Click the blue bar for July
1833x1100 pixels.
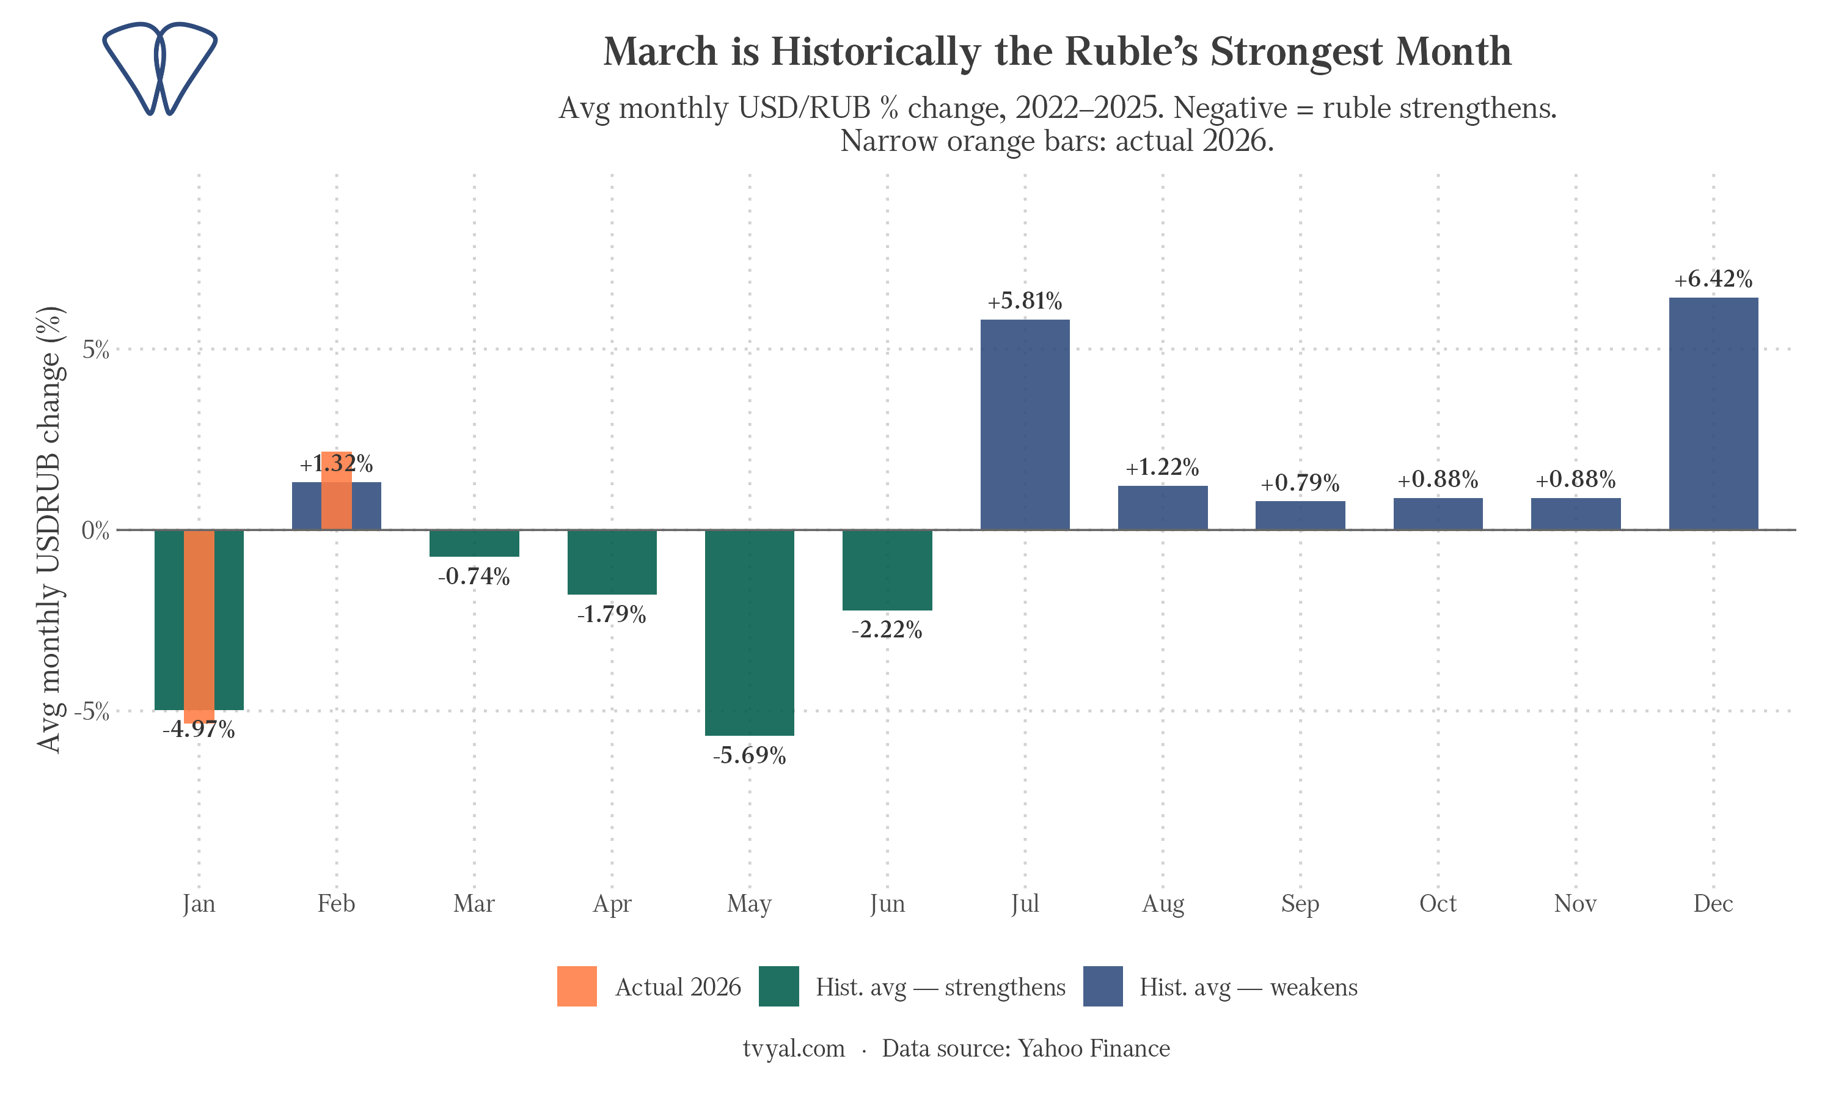[x=1025, y=424]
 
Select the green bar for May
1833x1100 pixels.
[x=749, y=632]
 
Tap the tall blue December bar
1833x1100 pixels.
[x=1713, y=413]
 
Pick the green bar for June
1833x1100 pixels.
[x=887, y=570]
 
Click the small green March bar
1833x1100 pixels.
[x=474, y=543]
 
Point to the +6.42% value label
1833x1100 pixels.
[x=1713, y=279]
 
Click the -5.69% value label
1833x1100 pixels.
[x=749, y=756]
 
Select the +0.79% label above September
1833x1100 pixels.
[x=1300, y=483]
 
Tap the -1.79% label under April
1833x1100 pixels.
[x=611, y=615]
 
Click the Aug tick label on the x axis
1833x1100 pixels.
[x=1163, y=904]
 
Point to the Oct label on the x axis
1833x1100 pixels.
[x=1437, y=904]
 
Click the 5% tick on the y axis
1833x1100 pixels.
[x=95, y=350]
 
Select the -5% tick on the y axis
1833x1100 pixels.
[x=92, y=711]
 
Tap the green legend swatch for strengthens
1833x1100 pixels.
[x=778, y=986]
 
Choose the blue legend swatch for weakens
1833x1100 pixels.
[x=1102, y=986]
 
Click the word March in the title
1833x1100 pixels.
[x=660, y=52]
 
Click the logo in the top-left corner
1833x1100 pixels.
[x=159, y=68]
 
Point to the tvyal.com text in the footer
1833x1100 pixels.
[x=794, y=1048]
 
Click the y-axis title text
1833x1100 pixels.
[x=50, y=530]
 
